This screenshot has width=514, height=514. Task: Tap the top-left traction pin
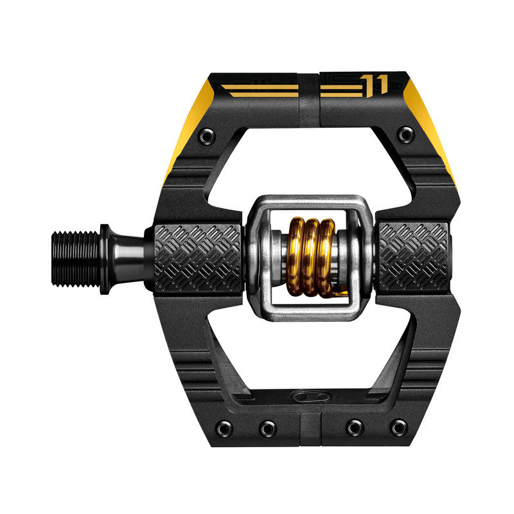click(x=206, y=136)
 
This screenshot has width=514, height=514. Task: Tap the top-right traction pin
click(x=405, y=135)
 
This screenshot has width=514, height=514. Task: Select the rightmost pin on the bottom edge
click(x=399, y=427)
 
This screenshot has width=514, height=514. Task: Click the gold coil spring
click(x=310, y=256)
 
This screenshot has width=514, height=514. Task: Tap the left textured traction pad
click(x=198, y=257)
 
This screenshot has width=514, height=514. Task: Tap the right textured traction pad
click(x=413, y=257)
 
